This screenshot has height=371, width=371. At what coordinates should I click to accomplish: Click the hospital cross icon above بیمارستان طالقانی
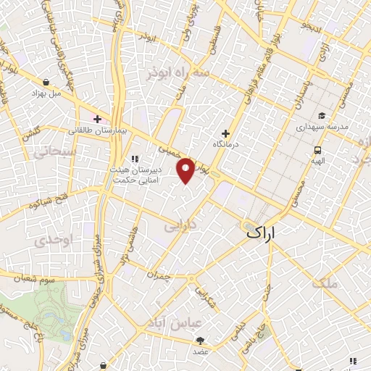97,118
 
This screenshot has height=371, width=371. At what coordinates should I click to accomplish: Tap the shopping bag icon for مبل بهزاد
46,83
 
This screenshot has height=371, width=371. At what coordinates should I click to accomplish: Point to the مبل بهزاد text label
46,94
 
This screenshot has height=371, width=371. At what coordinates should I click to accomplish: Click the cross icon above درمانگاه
225,133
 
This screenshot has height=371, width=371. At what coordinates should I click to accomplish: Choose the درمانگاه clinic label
226,146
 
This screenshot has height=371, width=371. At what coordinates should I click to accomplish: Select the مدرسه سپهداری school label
322,126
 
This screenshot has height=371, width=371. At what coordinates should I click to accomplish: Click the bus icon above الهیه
317,151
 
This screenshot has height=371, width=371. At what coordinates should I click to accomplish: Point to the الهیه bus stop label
317,162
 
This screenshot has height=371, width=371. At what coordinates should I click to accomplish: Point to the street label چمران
167,278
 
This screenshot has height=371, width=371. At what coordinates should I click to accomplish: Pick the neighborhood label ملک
324,283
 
